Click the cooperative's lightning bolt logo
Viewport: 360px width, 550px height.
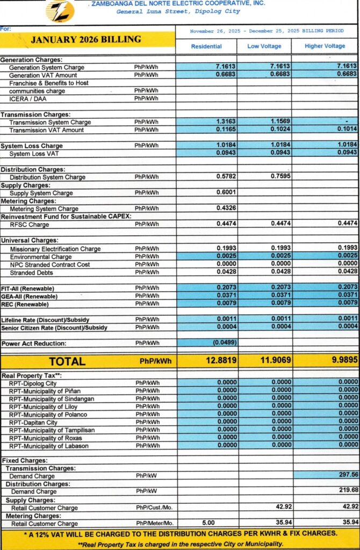pyautogui.click(x=60, y=11)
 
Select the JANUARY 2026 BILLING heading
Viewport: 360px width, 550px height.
pyautogui.click(x=86, y=40)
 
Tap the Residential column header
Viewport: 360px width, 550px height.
pyautogui.click(x=206, y=46)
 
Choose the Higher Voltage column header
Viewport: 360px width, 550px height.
pyautogui.click(x=325, y=46)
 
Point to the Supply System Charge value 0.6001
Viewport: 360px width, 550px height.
pyautogui.click(x=226, y=193)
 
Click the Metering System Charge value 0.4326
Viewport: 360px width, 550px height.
pyautogui.click(x=226, y=208)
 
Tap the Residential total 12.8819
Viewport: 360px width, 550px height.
pyautogui.click(x=220, y=361)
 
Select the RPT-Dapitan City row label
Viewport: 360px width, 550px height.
pyautogui.click(x=36, y=422)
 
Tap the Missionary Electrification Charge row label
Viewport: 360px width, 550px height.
pyautogui.click(x=55, y=249)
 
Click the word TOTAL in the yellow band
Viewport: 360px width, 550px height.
pyautogui.click(x=67, y=361)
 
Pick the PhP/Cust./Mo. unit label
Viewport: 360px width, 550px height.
pyautogui.click(x=154, y=508)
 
